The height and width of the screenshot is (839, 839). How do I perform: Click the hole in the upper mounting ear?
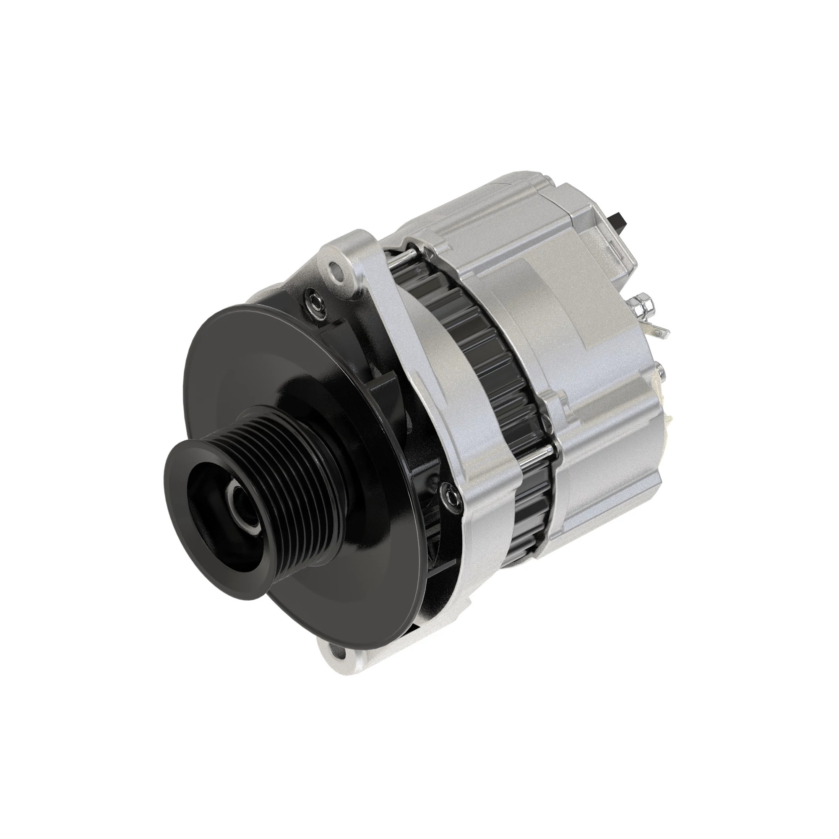(334, 268)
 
